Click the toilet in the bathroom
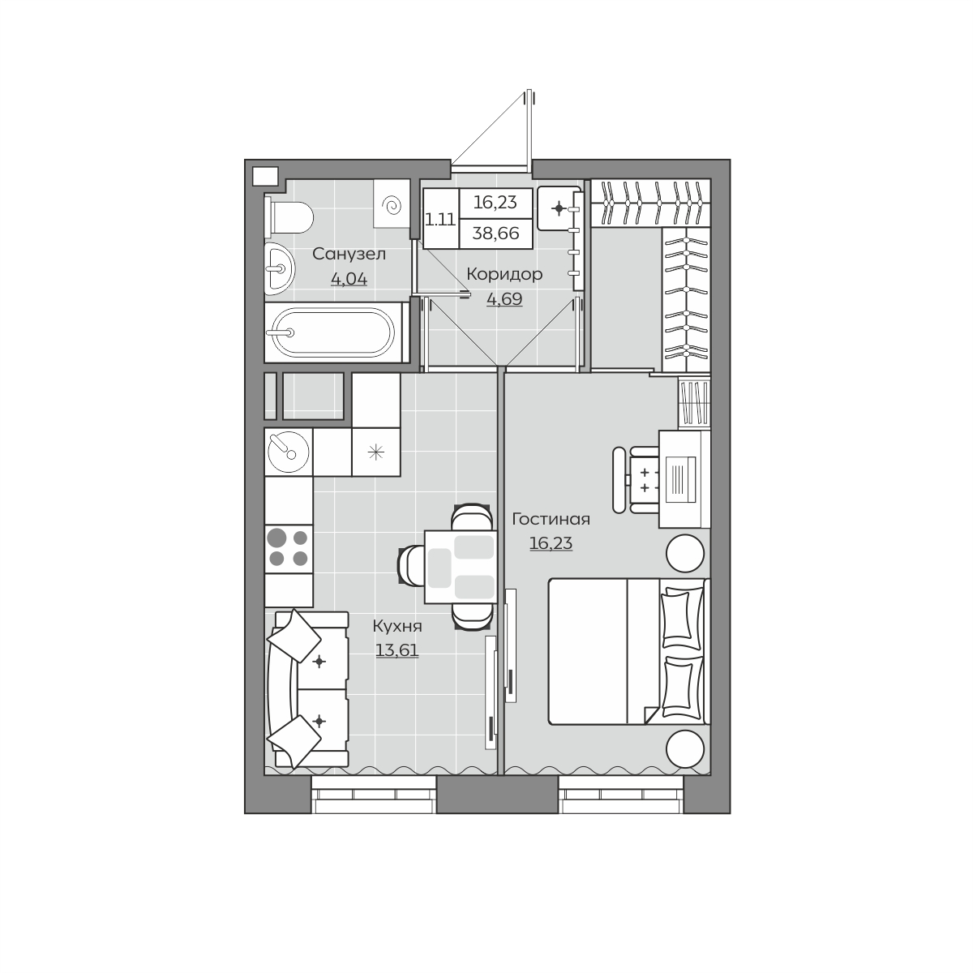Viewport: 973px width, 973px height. coord(289,217)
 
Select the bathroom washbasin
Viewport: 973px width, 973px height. coord(279,268)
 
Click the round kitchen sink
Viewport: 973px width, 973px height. coord(289,452)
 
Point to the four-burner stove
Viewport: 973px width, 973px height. coord(289,548)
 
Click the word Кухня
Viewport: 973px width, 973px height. coord(396,627)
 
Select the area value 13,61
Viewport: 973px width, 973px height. coord(396,650)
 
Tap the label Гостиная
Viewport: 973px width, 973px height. coord(551,519)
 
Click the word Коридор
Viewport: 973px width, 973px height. coord(504,274)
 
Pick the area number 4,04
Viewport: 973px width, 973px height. coord(349,278)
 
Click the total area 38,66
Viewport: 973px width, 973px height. coord(496,234)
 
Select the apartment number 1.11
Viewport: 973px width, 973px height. coord(440,221)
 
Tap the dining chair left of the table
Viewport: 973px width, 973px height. coord(412,565)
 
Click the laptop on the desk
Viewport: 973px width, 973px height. coord(680,479)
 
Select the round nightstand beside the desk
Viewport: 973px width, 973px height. coord(685,554)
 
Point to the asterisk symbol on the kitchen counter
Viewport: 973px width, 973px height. coord(375,452)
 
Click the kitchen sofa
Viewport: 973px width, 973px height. coord(308,689)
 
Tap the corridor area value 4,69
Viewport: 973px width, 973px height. coord(504,299)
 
